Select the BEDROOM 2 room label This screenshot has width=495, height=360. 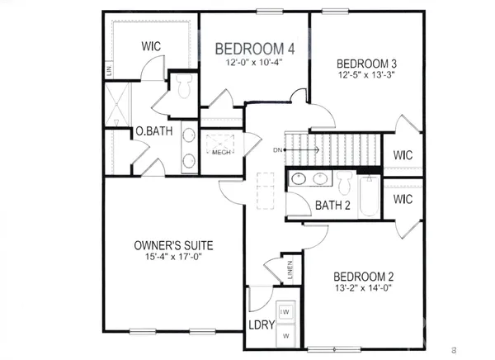tap(364, 277)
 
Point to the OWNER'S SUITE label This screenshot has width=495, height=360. tap(174, 245)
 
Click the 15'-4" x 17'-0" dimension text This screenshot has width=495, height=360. tap(174, 258)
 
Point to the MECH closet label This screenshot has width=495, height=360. tap(220, 152)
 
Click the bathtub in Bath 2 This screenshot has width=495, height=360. tap(370, 196)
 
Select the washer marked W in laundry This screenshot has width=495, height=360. tap(285, 336)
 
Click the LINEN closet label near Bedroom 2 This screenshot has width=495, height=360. tap(290, 268)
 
